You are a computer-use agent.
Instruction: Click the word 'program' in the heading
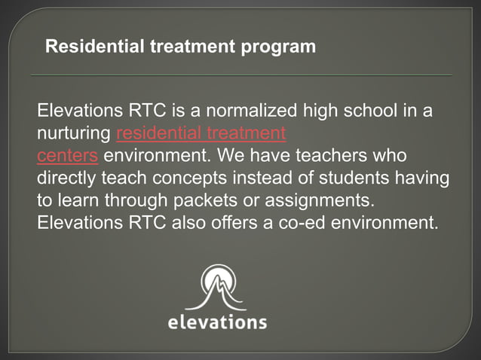pyautogui.click(x=278, y=47)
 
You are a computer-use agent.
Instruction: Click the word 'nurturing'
pyautogui.click(x=74, y=135)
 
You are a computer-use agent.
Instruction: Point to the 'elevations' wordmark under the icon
pyautogui.click(x=216, y=322)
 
